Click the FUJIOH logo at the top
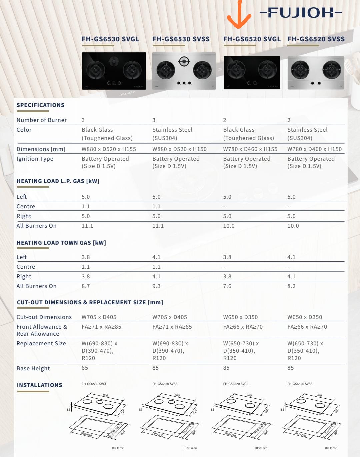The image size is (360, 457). (301, 13)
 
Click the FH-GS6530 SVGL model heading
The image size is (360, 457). (110, 39)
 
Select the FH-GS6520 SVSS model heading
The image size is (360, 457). (316, 39)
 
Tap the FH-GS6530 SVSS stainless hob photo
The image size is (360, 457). (184, 71)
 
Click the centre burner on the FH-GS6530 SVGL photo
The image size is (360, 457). (114, 61)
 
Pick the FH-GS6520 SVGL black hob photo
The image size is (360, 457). (252, 72)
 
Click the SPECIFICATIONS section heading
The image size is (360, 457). (40, 105)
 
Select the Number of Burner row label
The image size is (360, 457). (41, 120)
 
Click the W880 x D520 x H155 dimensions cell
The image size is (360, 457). (109, 149)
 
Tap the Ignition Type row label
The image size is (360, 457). (35, 159)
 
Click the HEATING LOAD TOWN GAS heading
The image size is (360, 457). (61, 243)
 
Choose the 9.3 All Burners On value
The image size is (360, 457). (156, 286)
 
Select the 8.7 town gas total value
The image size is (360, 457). (86, 286)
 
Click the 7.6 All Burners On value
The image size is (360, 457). (227, 286)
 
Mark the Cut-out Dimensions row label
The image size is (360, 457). (44, 317)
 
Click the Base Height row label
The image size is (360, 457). (33, 368)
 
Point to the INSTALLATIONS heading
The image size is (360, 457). (39, 385)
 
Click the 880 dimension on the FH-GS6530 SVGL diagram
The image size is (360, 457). (105, 395)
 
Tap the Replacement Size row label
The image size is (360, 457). (41, 343)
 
